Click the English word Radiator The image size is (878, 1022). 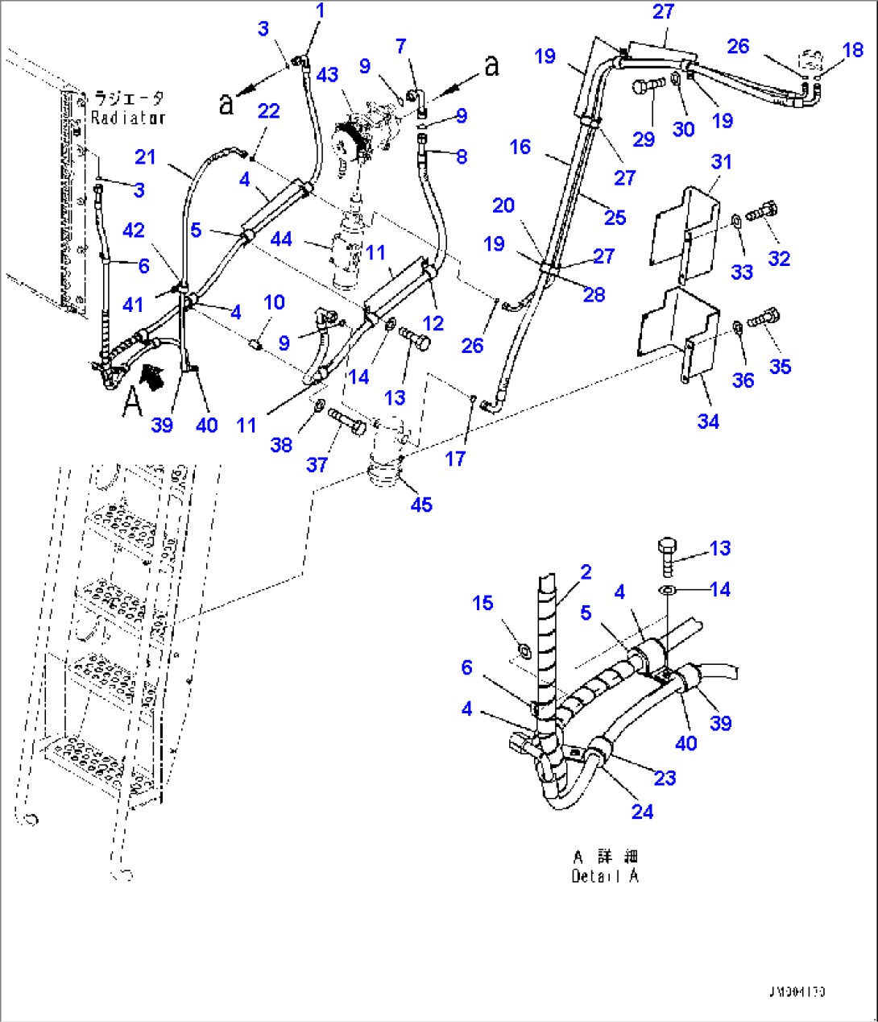pos(127,118)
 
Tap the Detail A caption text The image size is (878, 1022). pos(605,876)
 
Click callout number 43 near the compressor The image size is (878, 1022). pos(327,75)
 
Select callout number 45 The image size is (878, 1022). pos(421,505)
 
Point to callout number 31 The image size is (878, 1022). pos(721,162)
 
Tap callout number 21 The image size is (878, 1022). pos(145,157)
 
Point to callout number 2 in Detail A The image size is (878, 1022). pos(586,571)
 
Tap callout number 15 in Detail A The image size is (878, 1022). pos(482,603)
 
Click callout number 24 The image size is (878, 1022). pos(642,811)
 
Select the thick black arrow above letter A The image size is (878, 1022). pos(151,376)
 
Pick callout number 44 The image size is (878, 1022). pos(281,239)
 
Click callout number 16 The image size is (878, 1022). pos(520,146)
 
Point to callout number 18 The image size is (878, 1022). pos(852,50)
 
